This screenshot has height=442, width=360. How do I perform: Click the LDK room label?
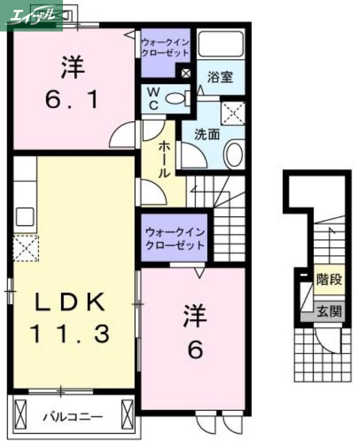(x=70, y=302)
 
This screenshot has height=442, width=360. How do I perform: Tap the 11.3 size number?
(x=70, y=333)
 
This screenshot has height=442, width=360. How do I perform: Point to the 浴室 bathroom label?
(x=220, y=77)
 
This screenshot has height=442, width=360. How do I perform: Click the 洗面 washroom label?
(x=207, y=133)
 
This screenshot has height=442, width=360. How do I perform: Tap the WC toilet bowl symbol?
(x=177, y=99)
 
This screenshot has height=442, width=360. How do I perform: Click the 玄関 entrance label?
(x=329, y=312)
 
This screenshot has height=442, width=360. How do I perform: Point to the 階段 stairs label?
(x=329, y=279)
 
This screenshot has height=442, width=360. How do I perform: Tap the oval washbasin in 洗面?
(x=235, y=154)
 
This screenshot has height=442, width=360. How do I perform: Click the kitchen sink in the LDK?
(x=25, y=215)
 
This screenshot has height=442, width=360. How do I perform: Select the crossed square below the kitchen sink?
(x=25, y=248)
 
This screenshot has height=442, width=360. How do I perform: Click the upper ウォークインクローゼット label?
(x=165, y=47)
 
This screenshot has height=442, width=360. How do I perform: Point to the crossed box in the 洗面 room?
(x=232, y=114)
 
